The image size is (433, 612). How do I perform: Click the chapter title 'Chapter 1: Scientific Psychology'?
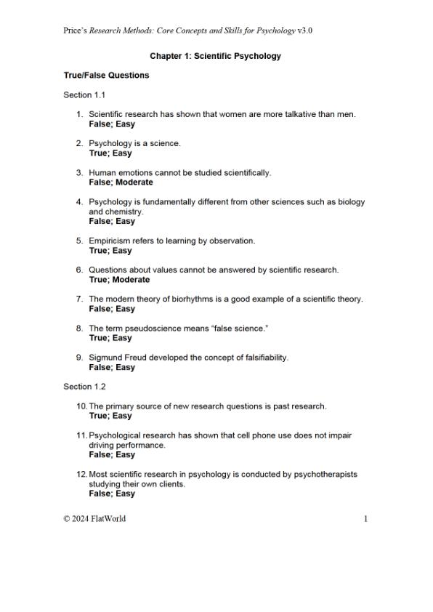(215, 56)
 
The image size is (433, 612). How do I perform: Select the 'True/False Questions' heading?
(106, 76)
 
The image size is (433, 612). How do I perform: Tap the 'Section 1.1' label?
(84, 95)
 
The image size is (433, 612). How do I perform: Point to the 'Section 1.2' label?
(84, 387)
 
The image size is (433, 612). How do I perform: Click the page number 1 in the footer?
(366, 518)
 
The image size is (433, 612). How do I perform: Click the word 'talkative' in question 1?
(281, 115)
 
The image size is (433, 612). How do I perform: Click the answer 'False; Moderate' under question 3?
(121, 182)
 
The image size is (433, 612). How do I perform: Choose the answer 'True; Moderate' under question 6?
(119, 280)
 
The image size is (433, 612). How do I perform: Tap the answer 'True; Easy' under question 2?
(110, 153)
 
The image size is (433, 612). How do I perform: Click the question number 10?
(81, 406)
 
